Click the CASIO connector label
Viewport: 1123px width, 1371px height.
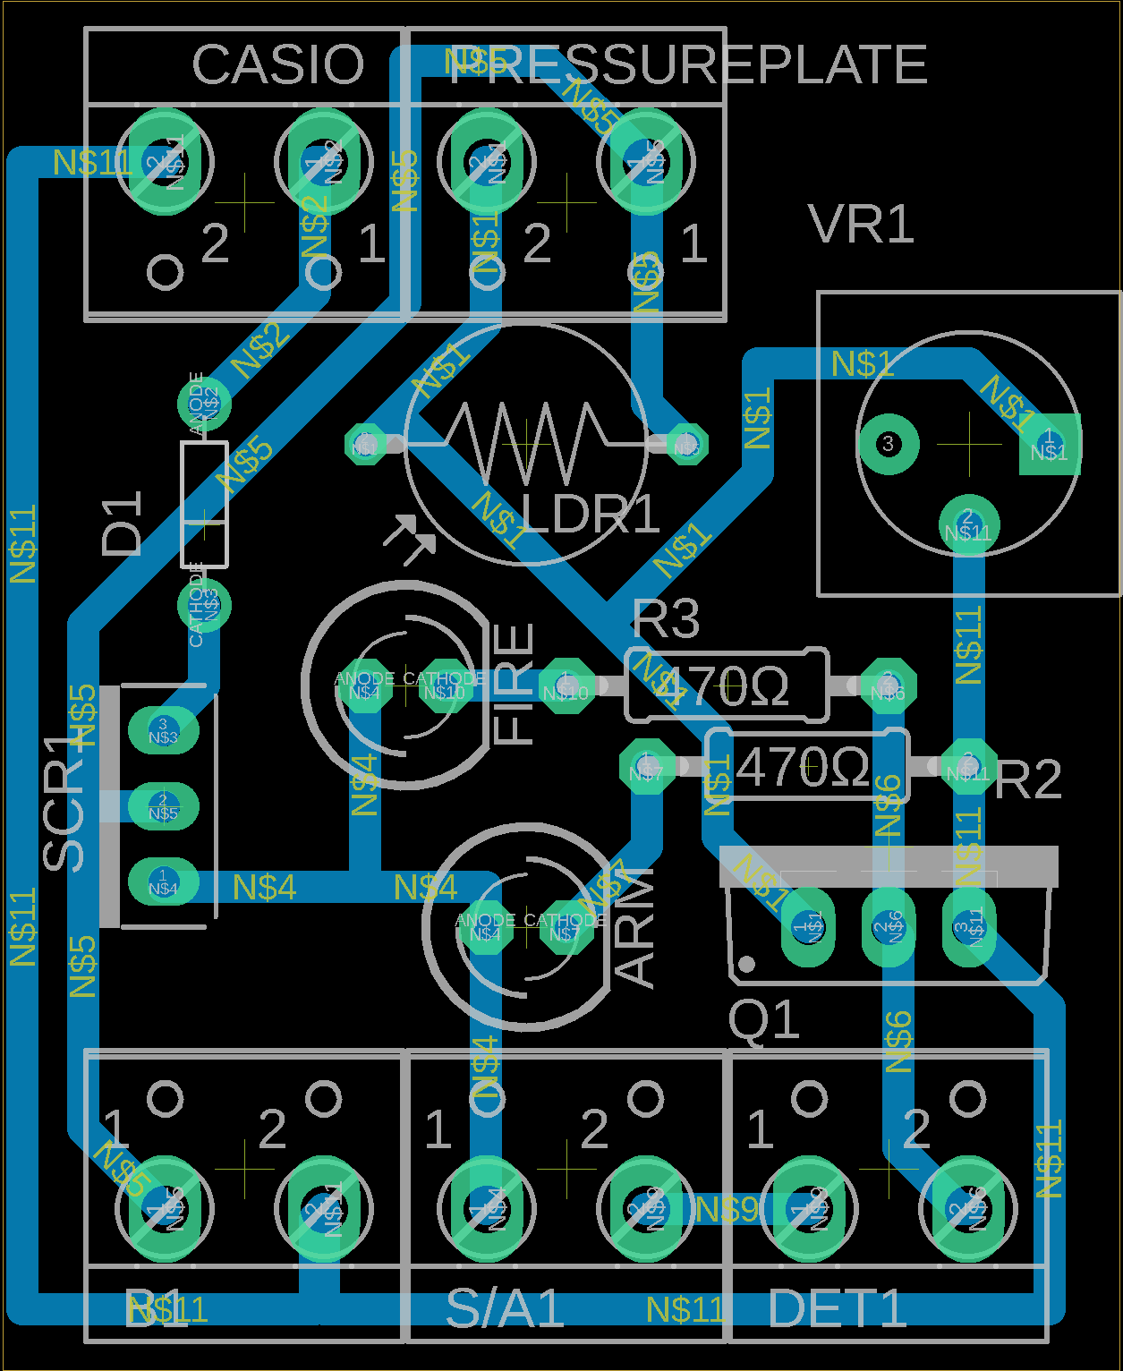(x=278, y=64)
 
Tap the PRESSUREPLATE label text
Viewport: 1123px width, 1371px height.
(x=687, y=64)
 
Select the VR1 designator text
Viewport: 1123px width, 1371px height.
(x=862, y=224)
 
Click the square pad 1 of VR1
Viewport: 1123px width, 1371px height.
(x=1050, y=445)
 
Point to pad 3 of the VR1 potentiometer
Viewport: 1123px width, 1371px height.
(x=888, y=444)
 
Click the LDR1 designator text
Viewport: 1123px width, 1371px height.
(x=591, y=514)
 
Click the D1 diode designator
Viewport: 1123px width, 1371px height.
(x=123, y=524)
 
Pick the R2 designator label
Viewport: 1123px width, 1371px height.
(x=1027, y=779)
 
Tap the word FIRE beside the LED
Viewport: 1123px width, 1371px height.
(x=515, y=685)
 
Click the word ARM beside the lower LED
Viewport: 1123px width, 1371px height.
(x=637, y=927)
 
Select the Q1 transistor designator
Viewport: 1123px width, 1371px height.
(x=763, y=1020)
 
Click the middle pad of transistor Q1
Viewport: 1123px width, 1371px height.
(x=887, y=927)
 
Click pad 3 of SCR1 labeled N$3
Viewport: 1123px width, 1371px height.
(x=163, y=729)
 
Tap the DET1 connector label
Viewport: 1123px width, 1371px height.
(x=837, y=1308)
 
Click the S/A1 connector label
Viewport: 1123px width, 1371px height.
(x=505, y=1308)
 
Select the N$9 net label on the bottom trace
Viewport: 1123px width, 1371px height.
(x=727, y=1210)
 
